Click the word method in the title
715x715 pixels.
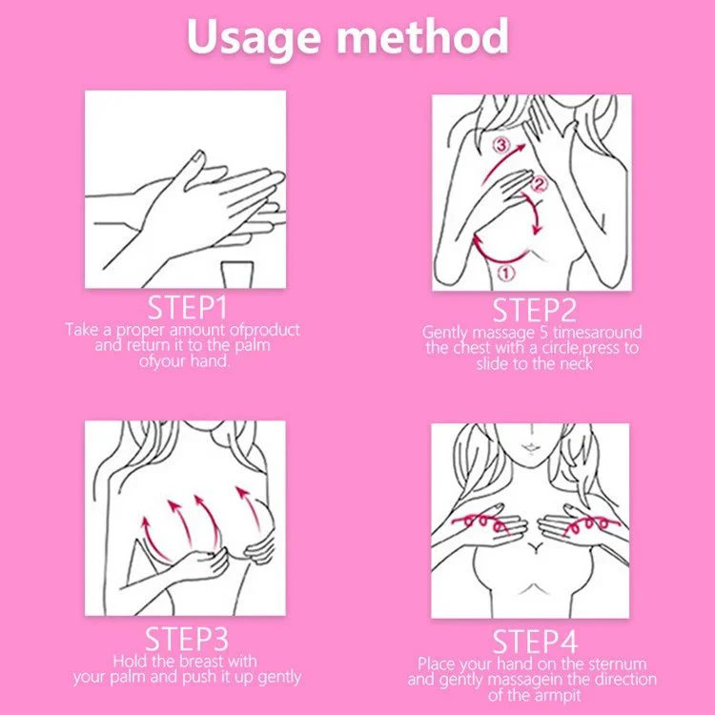(422, 35)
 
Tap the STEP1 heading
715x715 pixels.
(187, 307)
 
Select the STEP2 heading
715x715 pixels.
(534, 310)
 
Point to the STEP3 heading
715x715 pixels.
(187, 639)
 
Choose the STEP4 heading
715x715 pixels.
(535, 642)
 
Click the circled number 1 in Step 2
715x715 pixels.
(505, 274)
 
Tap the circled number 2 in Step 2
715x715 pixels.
(539, 185)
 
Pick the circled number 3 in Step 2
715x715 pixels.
(500, 146)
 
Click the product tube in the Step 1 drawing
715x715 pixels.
(236, 275)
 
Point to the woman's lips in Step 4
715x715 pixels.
(530, 447)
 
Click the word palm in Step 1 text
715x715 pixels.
(253, 345)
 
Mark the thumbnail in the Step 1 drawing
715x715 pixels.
(198, 157)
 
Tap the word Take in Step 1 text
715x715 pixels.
(81, 329)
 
